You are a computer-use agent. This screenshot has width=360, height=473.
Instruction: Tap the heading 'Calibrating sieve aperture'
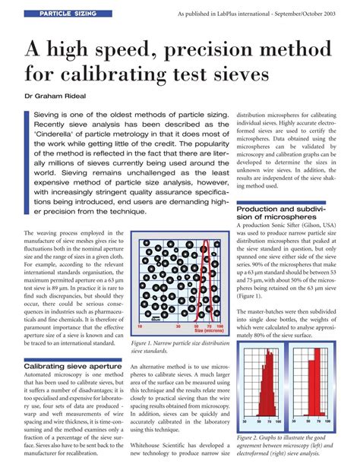click(72, 365)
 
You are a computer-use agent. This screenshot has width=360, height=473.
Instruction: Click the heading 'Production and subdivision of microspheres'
click(284, 213)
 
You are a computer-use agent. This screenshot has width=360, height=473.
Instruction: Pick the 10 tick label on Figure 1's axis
click(139, 326)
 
